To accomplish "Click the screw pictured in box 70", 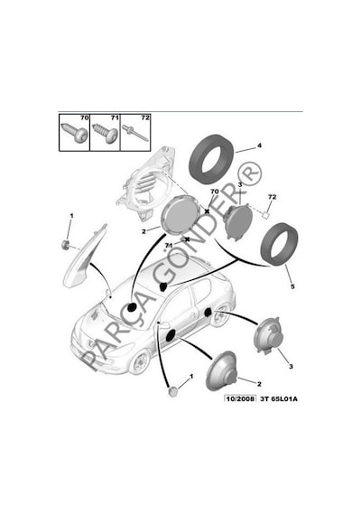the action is (75, 134).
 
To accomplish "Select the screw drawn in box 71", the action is (105, 133).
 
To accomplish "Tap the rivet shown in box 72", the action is (134, 134).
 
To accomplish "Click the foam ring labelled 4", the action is (212, 159).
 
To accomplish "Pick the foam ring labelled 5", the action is (279, 243).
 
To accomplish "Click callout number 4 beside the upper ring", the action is (259, 145).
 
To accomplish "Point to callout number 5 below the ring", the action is (292, 286).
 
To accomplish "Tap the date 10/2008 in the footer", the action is (240, 398).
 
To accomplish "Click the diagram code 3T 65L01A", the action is (279, 398).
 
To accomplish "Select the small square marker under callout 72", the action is (265, 215).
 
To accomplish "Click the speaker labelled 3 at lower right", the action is (267, 335).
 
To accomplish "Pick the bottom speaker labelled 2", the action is (221, 370).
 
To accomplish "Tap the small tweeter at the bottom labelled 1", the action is (172, 391).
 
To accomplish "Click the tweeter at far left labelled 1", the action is (66, 244).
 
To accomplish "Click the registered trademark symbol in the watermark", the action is (248, 173).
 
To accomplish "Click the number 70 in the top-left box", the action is (84, 117).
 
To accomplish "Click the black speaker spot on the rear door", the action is (208, 313).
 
